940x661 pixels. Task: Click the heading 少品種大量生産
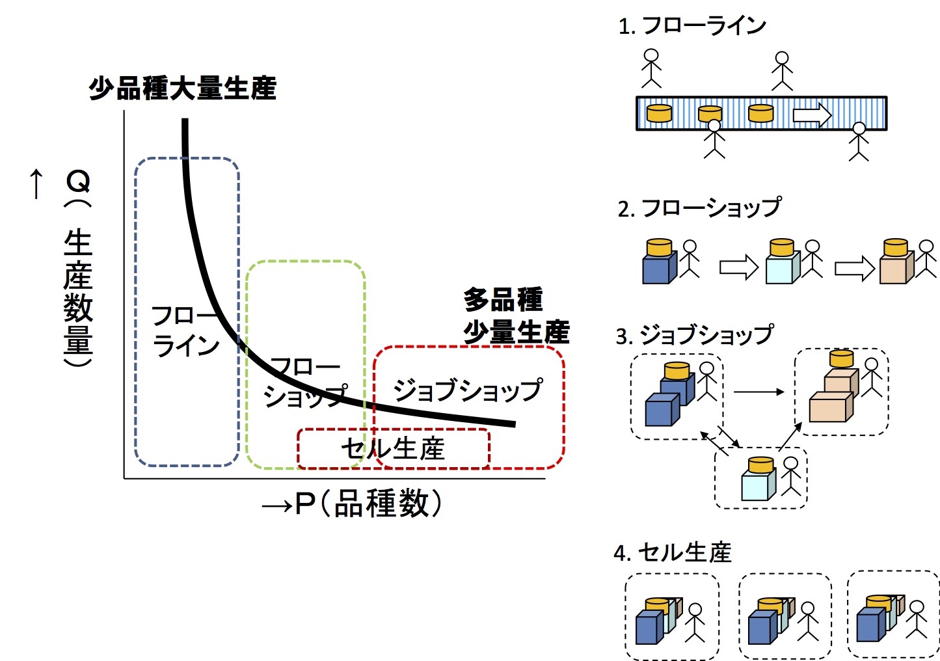pos(182,88)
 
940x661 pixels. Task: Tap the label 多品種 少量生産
pos(516,316)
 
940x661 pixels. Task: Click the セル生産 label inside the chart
pos(393,449)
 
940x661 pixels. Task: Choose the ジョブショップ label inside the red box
pos(467,390)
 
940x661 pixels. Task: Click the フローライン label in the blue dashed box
pos(186,332)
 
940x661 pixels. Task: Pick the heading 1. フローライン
pos(692,26)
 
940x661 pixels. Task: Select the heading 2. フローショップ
pos(699,208)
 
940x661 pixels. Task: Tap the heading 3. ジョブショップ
pos(694,336)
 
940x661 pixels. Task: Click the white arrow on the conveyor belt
pos(812,115)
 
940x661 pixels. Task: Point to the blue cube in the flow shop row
pos(658,269)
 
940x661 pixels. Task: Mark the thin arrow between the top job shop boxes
pos(759,392)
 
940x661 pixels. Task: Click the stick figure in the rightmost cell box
pos(917,619)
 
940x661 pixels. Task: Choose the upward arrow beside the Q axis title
pos(36,184)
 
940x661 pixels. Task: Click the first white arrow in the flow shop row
pos(738,267)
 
